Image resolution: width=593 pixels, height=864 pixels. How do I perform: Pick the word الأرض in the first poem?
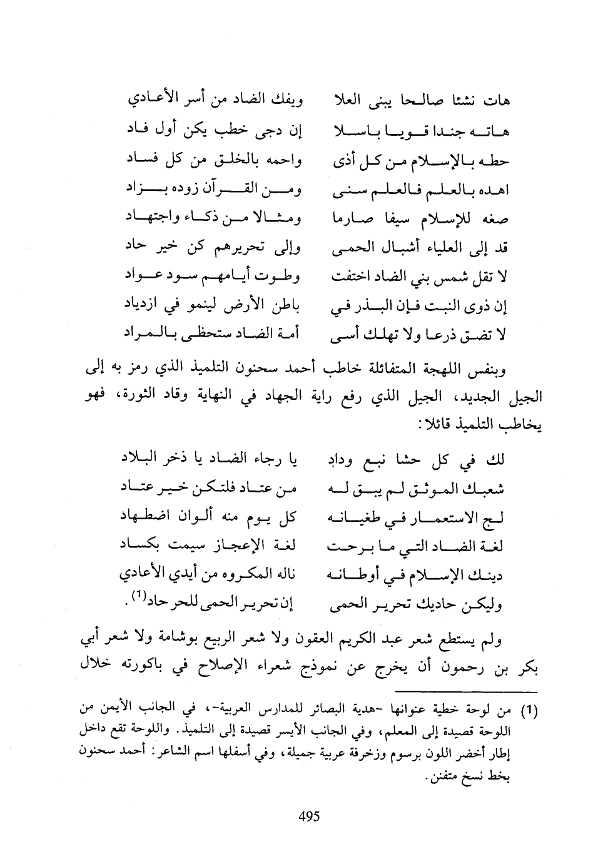click(238, 305)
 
